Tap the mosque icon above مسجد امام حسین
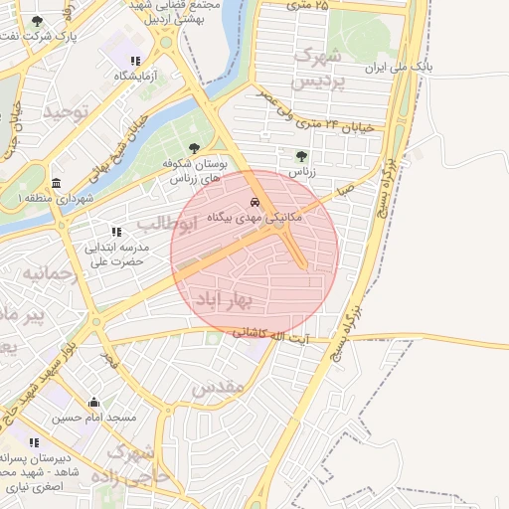[94, 403]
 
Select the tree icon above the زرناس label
[301, 155]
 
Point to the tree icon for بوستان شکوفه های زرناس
[194, 148]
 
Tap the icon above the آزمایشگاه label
[135, 61]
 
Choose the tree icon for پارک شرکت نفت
[38, 21]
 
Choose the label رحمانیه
[49, 271]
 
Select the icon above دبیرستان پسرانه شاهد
[34, 442]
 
